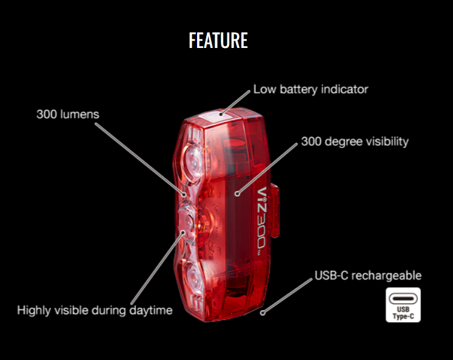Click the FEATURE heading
[218, 40]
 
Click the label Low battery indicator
[310, 89]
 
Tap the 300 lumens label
[67, 114]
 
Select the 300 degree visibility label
[355, 141]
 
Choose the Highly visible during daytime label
[95, 310]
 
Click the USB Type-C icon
[403, 304]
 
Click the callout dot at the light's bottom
[263, 313]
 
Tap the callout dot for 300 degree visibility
[237, 195]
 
